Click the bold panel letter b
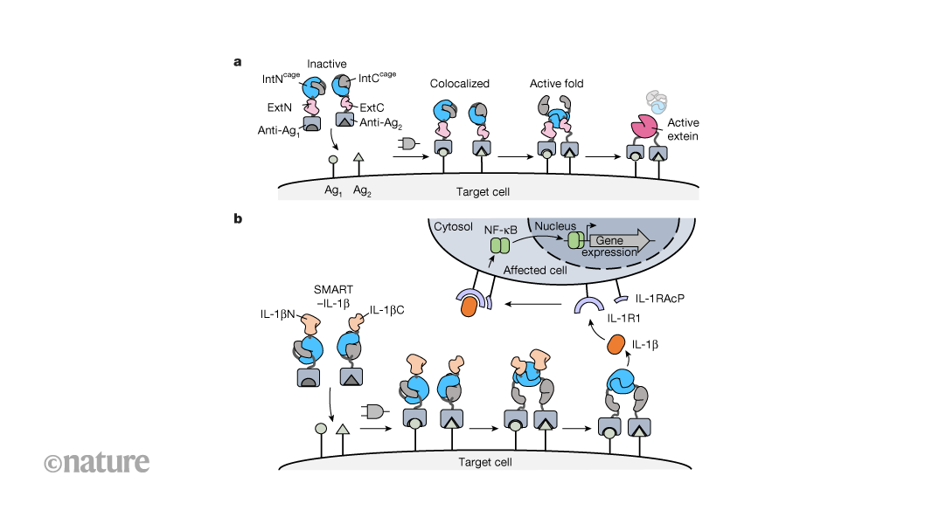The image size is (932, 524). (x=238, y=217)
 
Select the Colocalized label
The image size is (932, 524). (x=459, y=84)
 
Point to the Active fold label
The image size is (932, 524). (x=558, y=84)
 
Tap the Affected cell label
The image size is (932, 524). (x=533, y=271)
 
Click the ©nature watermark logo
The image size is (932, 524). (x=95, y=461)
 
